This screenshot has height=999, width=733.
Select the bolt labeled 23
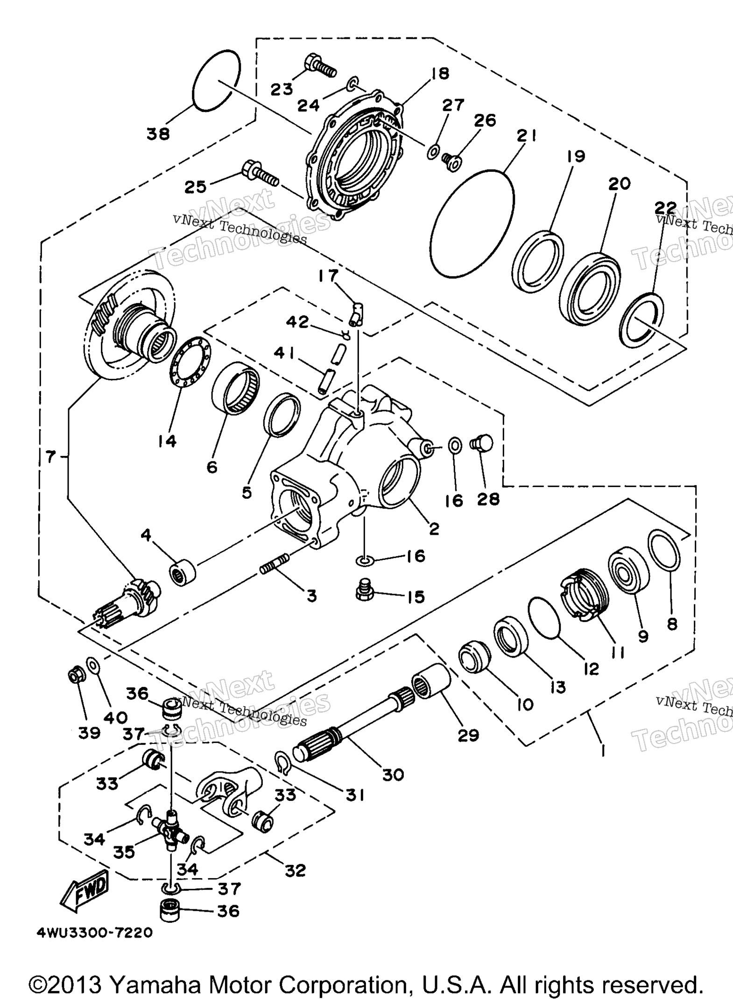pos(320,67)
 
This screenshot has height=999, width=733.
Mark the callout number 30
pos(393,775)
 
